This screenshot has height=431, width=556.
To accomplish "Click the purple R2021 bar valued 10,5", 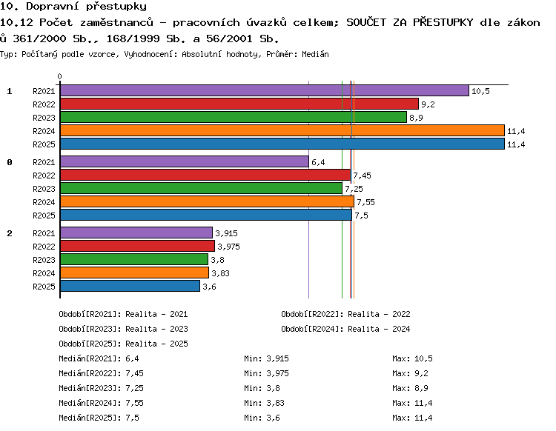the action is (x=265, y=90).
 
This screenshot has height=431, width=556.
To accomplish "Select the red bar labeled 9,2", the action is (x=239, y=104).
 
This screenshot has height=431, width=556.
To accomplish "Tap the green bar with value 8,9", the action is (x=234, y=117).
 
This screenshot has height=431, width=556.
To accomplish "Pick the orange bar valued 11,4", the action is (x=282, y=130).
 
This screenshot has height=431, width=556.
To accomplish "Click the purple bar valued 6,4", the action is (x=185, y=161).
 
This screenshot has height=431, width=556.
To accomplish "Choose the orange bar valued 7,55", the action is (x=207, y=201).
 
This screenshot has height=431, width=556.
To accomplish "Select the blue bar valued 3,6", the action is (x=130, y=286).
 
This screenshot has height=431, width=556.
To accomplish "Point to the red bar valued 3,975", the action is (x=138, y=246).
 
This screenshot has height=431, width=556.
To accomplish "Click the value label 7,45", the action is (x=362, y=176).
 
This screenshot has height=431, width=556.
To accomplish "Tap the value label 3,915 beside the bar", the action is (x=226, y=233).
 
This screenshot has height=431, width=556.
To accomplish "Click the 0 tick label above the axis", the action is (x=59, y=76).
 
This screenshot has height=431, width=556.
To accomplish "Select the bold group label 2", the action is (x=10, y=233).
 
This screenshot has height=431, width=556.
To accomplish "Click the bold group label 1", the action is (x=10, y=91).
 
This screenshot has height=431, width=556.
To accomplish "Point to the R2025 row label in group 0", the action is (x=44, y=215).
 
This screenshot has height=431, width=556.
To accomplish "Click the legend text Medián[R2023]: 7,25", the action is (x=101, y=388).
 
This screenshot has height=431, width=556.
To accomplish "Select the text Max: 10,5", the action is (x=412, y=358).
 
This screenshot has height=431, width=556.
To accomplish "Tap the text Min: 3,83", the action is (x=264, y=403).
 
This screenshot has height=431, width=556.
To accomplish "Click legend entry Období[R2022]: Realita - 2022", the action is (x=345, y=314).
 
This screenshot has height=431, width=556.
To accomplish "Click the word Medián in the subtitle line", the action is (x=315, y=54).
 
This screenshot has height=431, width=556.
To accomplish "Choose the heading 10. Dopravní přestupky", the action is (x=73, y=7).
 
